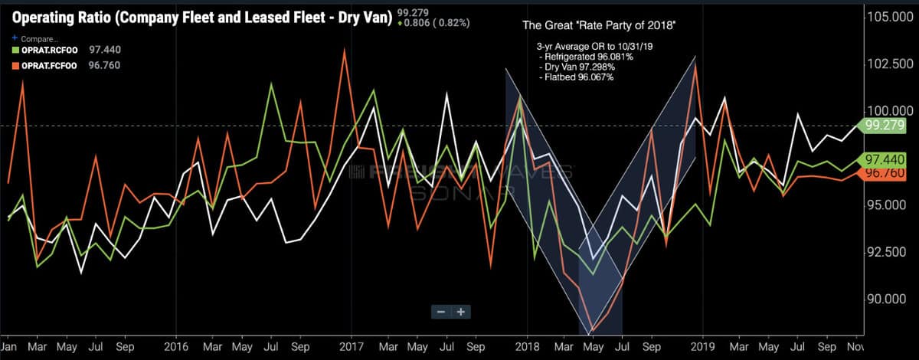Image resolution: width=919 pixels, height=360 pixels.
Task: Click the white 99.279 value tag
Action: (886, 126)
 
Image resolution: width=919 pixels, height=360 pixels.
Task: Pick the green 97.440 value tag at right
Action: (886, 159)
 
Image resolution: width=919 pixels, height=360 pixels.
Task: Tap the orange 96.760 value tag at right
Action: (886, 174)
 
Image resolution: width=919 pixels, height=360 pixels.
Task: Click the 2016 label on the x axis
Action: (176, 345)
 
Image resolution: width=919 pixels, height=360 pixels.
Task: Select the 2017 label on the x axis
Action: (352, 345)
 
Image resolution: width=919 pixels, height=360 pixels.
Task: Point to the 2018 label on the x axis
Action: (527, 345)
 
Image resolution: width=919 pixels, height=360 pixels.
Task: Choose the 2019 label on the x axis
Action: (703, 345)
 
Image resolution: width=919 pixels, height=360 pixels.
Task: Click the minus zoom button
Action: (440, 312)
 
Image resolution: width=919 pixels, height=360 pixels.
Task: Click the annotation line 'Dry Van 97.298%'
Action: (577, 68)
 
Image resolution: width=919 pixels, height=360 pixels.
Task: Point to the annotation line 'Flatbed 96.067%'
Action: (577, 78)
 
